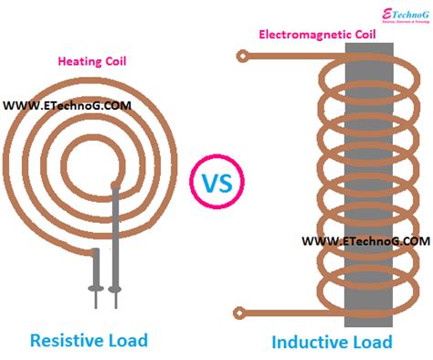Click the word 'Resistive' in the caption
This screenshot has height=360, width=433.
(66, 340)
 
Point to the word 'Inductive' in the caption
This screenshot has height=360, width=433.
(311, 342)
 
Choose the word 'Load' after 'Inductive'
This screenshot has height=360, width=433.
(371, 342)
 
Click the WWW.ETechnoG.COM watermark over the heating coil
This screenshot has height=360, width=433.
(67, 105)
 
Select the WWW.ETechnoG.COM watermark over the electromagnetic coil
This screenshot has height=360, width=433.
(364, 240)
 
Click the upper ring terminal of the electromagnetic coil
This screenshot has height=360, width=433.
(242, 57)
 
